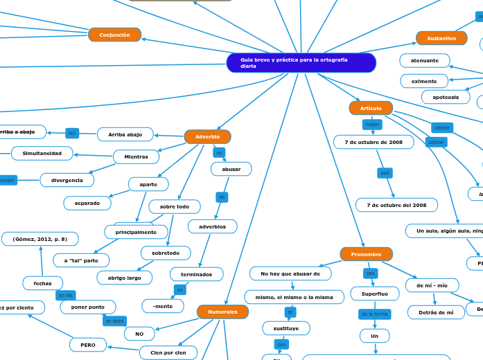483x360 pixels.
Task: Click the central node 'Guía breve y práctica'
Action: [301, 63]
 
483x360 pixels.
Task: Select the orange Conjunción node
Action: [114, 35]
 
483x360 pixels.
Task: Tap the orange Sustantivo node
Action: [441, 38]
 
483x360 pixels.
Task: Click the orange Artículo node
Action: [371, 108]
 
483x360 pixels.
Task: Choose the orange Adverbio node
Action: [207, 136]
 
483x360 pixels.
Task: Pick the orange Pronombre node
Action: [366, 254]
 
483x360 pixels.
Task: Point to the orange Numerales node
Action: [222, 312]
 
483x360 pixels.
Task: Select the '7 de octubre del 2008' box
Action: [396, 205]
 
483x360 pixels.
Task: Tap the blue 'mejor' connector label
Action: [372, 125]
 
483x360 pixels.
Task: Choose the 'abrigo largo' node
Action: [125, 277]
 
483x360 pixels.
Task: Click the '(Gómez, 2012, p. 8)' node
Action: [39, 239]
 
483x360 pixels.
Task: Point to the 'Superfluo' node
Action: [374, 294]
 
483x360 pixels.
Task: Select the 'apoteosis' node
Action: [446, 97]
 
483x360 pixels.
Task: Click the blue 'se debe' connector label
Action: [114, 321]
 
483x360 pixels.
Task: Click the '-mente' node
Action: [162, 305]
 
